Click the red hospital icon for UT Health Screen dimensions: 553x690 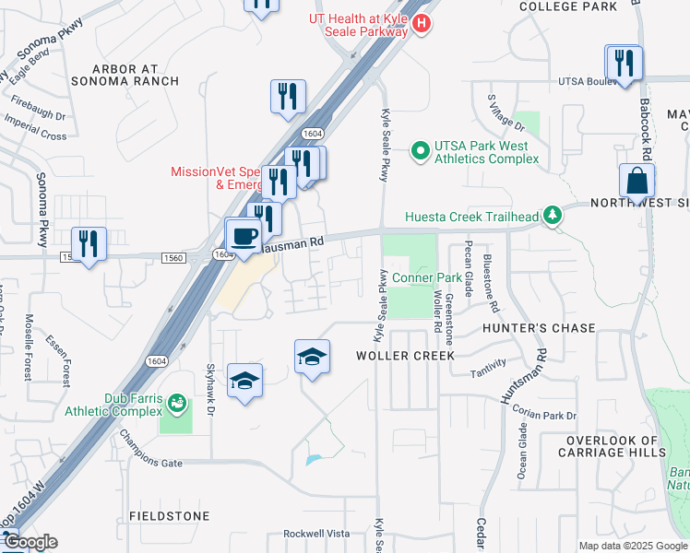[422, 24]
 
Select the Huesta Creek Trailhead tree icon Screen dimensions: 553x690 [553, 216]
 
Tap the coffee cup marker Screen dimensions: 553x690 [244, 236]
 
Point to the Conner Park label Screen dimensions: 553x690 [425, 277]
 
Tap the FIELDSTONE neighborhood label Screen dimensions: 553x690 [169, 516]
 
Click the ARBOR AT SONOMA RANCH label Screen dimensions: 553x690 [136, 75]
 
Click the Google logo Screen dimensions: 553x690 [30, 542]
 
